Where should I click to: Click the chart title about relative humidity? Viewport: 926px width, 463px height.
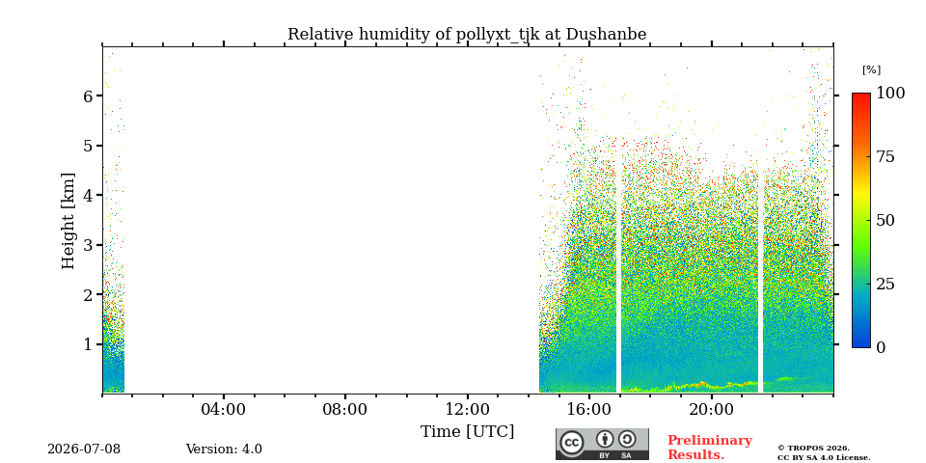click(467, 35)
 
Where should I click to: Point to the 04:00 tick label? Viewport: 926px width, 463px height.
click(224, 409)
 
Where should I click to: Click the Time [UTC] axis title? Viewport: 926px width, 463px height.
click(467, 432)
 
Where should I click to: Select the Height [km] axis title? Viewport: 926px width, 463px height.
click(68, 221)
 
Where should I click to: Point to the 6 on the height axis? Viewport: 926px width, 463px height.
click(89, 95)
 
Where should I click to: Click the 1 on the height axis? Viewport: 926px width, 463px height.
click(89, 343)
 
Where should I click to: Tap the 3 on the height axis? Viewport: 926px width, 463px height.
click(89, 244)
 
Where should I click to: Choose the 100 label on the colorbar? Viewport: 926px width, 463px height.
click(890, 93)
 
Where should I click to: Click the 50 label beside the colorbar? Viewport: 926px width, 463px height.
click(885, 220)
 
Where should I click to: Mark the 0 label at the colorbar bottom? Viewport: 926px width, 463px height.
click(881, 348)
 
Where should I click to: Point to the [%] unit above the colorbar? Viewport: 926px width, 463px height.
click(871, 69)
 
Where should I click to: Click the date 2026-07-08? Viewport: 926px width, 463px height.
click(84, 449)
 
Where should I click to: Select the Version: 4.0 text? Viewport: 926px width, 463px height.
click(224, 449)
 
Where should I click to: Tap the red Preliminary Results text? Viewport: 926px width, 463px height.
click(710, 448)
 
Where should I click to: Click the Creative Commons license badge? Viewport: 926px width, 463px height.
click(602, 444)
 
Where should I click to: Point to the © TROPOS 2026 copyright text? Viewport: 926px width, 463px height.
click(814, 449)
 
